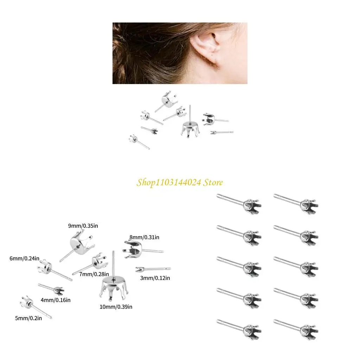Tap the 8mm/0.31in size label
coord(144,237)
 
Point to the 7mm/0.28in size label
coord(94,274)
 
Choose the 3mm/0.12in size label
coord(155,278)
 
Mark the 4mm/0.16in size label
coord(56,300)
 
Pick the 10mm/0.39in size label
coord(116,307)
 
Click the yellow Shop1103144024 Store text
coord(180,182)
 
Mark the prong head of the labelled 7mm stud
coord(98,260)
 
